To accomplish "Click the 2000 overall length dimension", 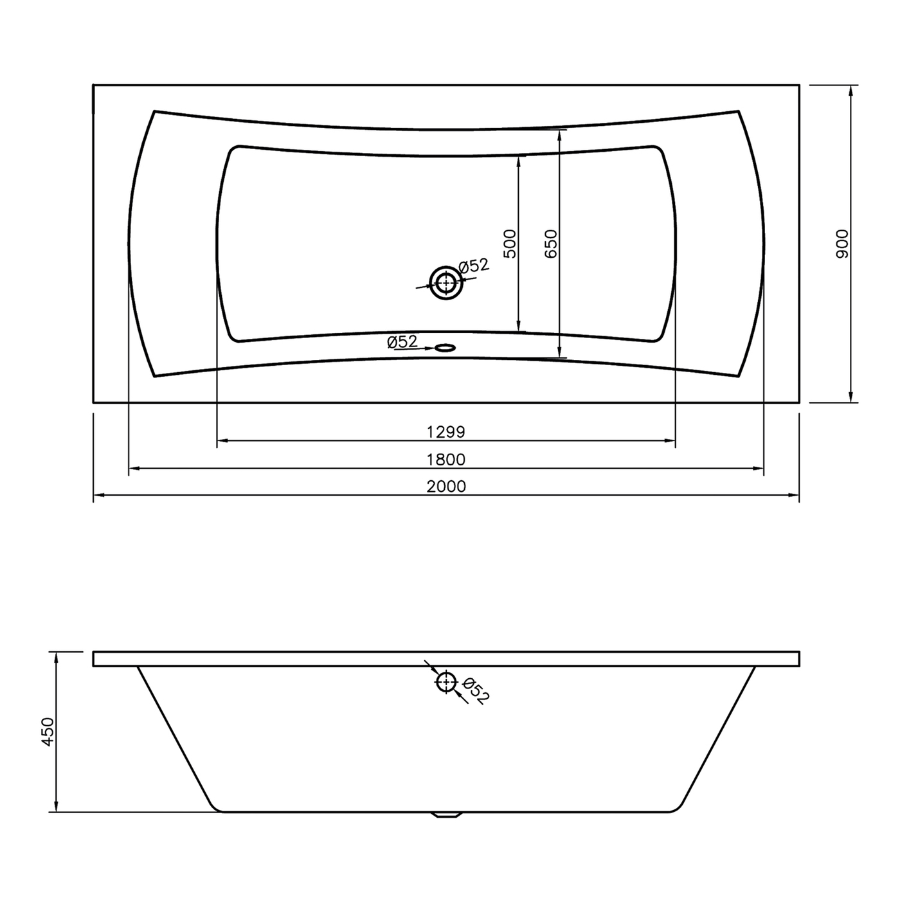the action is coord(446,486).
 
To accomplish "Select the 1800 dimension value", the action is coord(446,460).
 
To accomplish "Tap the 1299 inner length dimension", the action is coord(446,432).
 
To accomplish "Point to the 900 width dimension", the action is coord(842,244).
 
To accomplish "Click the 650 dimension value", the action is coord(551,244).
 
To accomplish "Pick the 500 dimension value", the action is coord(510,244).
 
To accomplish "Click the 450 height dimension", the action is coord(48,732).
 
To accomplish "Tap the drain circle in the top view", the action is coord(446,283).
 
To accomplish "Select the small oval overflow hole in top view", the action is coord(446,348).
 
